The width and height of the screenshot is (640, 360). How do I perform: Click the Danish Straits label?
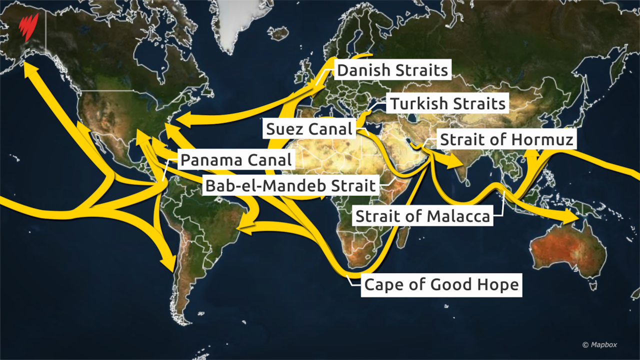pyautogui.click(x=392, y=70)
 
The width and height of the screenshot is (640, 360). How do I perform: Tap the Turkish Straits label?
pyautogui.click(x=448, y=103)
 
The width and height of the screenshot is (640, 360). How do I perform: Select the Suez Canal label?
pyautogui.click(x=309, y=129)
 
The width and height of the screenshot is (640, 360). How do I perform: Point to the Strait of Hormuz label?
pyautogui.click(x=506, y=139)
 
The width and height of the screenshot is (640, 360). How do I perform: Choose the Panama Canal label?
pyautogui.click(x=236, y=160)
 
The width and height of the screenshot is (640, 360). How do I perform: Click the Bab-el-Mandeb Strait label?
pyautogui.click(x=290, y=186)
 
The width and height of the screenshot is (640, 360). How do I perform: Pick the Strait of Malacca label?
pyautogui.click(x=422, y=216)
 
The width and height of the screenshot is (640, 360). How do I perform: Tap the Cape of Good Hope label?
pyautogui.click(x=441, y=285)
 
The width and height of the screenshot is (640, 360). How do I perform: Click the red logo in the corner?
pyautogui.click(x=28, y=28)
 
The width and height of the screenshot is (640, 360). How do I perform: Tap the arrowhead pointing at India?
pyautogui.click(x=453, y=161)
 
